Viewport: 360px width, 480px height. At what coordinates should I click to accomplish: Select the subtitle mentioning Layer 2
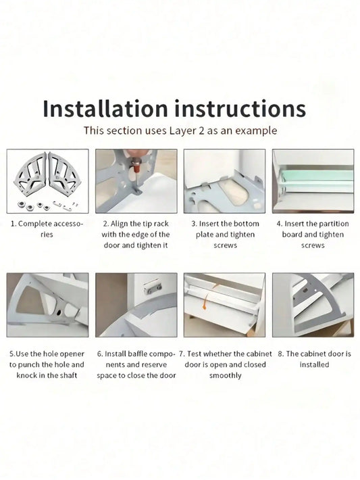pos(180,131)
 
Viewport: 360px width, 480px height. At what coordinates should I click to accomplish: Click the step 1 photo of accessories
pos(47,181)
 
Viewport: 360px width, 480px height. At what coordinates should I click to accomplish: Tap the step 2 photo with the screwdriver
pos(136,181)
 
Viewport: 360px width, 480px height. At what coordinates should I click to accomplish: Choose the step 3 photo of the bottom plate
pos(224,181)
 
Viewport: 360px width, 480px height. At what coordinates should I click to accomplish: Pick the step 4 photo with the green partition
pos(313,181)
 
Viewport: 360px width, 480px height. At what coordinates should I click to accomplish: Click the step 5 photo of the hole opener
pos(47,305)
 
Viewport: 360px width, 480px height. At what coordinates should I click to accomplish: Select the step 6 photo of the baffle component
pos(136,305)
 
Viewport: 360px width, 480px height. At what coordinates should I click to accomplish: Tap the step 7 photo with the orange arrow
pos(224,305)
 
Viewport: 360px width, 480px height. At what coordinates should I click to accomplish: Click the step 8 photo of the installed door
pos(313,305)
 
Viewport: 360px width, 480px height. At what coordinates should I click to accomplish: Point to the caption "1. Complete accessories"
pos(47,229)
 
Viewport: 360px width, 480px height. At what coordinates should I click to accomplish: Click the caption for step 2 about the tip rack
pos(136,234)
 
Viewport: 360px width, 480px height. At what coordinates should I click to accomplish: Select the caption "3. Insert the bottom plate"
pos(224,234)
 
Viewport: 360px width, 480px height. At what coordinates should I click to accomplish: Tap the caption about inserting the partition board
pos(313,234)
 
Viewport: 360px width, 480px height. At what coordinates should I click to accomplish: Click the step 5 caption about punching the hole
pos(47,364)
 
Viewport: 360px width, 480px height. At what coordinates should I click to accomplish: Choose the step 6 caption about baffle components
pos(136,364)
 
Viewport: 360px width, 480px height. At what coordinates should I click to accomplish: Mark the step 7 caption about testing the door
pos(224,364)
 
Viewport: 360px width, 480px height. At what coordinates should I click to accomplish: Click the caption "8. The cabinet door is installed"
pos(313,359)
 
